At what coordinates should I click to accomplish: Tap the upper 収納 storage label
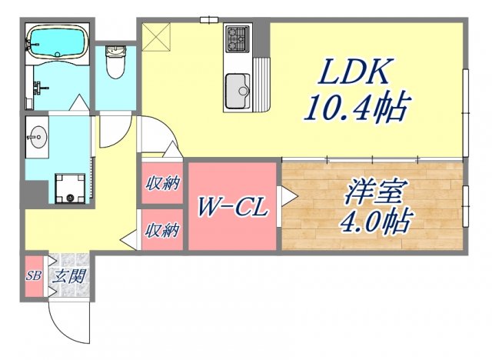pos(163,184)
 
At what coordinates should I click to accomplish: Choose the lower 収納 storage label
pos(163,229)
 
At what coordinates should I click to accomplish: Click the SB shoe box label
pos(34,275)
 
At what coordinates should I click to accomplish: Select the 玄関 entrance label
pos(69,275)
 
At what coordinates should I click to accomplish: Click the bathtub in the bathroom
pos(57,42)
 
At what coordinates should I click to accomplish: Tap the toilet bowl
pos(117,64)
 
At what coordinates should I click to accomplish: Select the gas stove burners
pos(237,37)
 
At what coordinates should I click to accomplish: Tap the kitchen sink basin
pos(238,90)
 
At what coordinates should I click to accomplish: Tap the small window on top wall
pos(207,19)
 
